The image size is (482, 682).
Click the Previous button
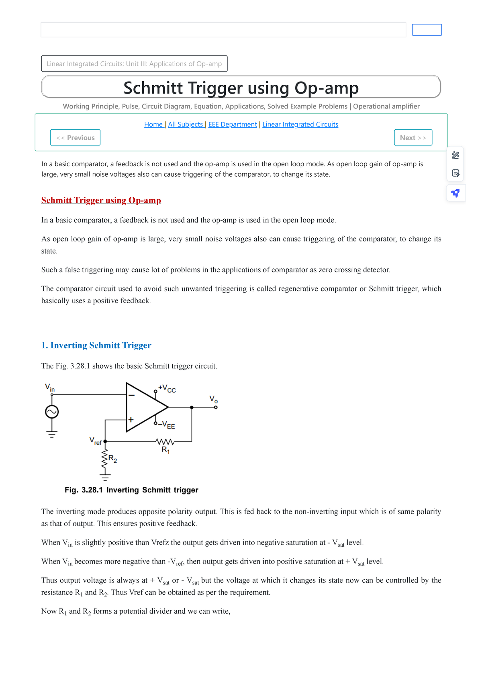(x=75, y=138)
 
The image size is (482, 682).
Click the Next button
(x=413, y=138)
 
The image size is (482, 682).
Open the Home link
(x=153, y=125)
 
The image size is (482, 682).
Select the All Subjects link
(x=186, y=125)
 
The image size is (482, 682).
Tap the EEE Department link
(x=233, y=125)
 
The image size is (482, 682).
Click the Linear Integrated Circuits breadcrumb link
(x=300, y=125)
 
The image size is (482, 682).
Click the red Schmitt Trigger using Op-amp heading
(x=101, y=200)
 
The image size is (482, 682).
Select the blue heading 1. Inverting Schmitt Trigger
(x=96, y=345)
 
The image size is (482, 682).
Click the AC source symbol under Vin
(x=52, y=412)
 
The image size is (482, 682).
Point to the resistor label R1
(x=165, y=450)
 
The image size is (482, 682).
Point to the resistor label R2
(x=113, y=459)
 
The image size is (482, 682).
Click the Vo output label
(x=213, y=399)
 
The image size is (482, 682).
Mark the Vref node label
(x=96, y=441)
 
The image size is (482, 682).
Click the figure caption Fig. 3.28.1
(x=131, y=490)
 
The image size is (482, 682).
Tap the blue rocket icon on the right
(x=455, y=193)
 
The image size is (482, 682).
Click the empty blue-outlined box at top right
(x=427, y=30)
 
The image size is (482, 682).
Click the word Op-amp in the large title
(x=326, y=88)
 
